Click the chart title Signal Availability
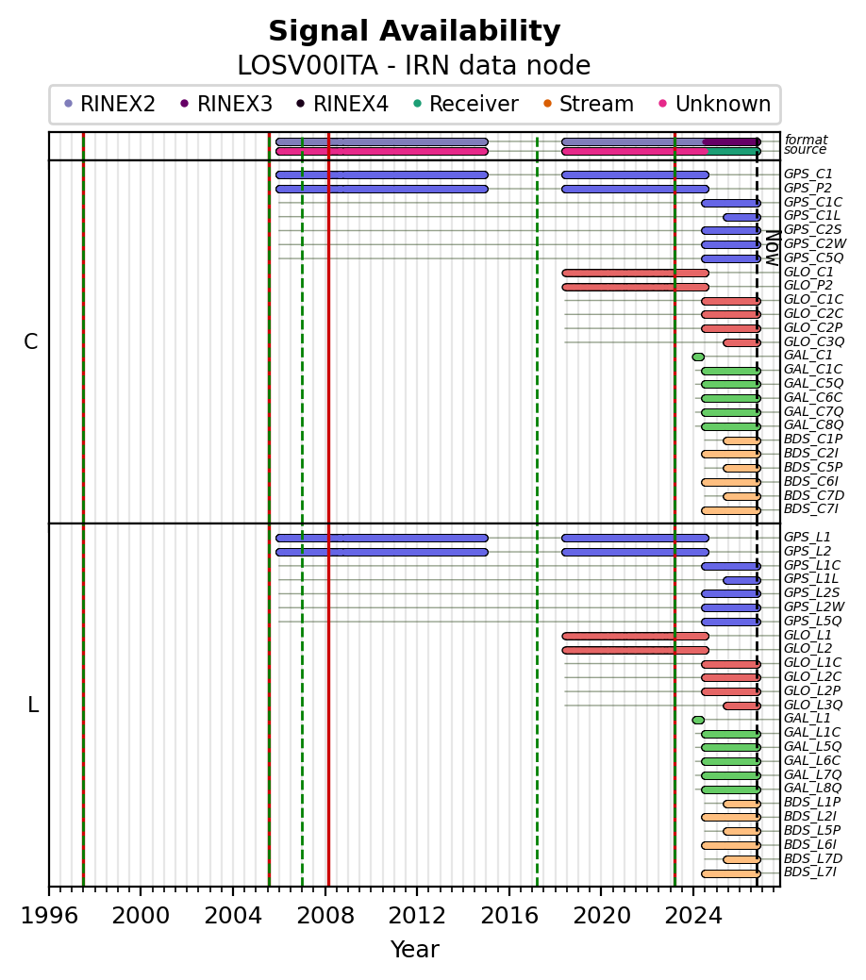(x=414, y=31)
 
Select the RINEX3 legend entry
(x=226, y=104)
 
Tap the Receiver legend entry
(x=466, y=104)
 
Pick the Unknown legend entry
(x=715, y=104)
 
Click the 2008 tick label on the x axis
(x=325, y=916)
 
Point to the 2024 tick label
(x=693, y=916)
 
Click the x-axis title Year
(x=414, y=950)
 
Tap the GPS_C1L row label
(x=812, y=216)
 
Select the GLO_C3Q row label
(x=814, y=341)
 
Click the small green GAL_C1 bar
(x=698, y=357)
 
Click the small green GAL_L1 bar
(x=698, y=720)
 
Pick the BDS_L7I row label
(x=810, y=872)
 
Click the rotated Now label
(x=773, y=248)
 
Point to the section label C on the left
(x=30, y=341)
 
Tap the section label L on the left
(x=32, y=705)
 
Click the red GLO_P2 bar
(x=635, y=288)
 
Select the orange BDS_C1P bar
(x=742, y=440)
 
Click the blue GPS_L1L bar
(x=742, y=581)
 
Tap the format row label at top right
(x=806, y=140)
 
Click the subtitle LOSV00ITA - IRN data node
(x=414, y=66)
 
